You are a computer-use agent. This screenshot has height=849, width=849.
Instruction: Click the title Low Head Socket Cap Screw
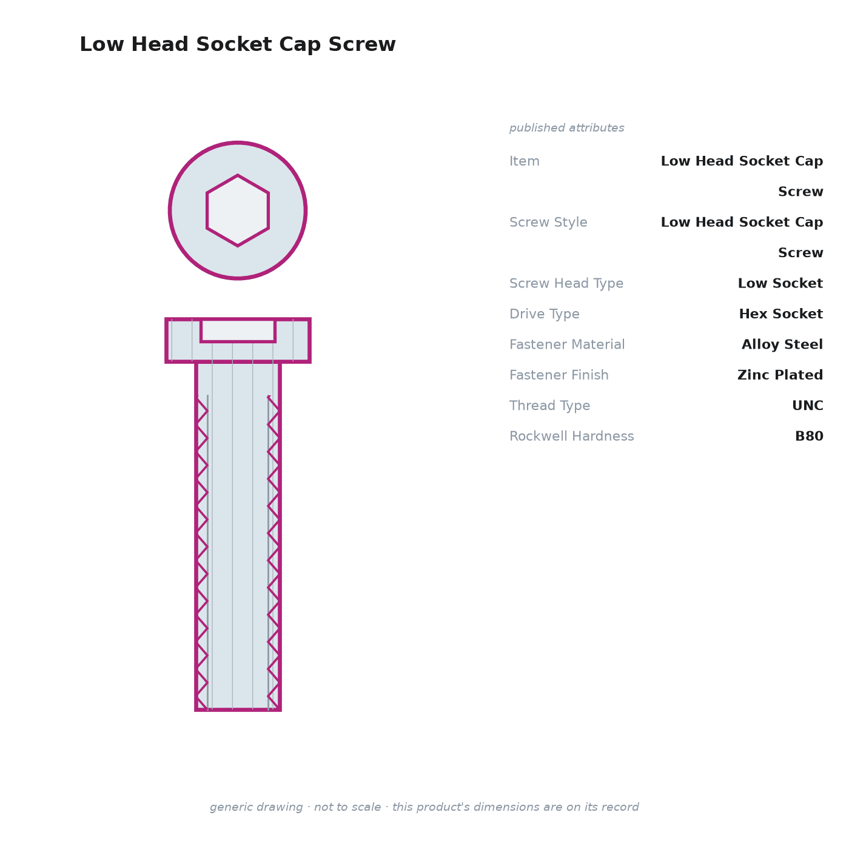point(238,44)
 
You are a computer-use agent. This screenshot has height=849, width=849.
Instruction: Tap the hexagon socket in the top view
point(238,210)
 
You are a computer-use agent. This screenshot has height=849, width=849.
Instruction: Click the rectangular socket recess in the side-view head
point(238,331)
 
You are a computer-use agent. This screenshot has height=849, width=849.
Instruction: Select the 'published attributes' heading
point(566,128)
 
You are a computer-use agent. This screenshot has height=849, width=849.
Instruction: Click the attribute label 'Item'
point(525,161)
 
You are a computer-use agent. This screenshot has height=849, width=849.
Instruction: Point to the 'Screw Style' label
point(548,222)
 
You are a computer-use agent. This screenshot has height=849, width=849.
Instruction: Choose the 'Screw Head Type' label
point(566,283)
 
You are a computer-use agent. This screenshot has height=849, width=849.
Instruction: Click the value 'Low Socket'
point(780,283)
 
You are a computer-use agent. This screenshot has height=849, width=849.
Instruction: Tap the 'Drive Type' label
point(544,314)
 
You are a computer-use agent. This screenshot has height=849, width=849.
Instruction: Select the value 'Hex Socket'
point(780,314)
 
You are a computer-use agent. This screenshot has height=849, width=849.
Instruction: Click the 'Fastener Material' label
point(567,344)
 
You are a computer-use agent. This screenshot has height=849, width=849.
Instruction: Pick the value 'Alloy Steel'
point(782,344)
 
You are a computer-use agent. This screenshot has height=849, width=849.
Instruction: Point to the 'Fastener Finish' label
point(559,375)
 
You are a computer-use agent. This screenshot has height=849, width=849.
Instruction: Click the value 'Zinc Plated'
point(780,375)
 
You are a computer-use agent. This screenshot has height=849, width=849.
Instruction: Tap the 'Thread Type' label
point(549,405)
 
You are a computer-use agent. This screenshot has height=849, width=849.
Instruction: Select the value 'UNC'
point(808,405)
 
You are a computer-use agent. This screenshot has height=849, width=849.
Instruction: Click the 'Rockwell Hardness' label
point(571,436)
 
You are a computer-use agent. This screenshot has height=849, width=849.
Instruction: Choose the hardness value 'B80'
point(809,436)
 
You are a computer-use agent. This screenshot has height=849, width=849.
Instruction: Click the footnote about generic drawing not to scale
point(424,807)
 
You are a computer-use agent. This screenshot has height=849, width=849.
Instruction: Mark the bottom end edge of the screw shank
point(238,710)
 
